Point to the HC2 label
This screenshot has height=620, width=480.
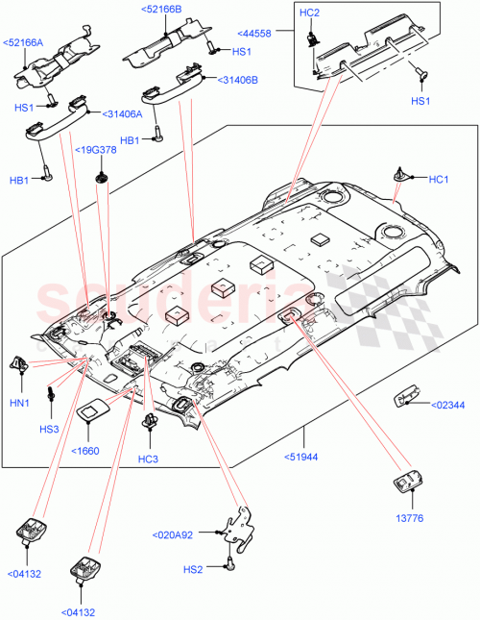click(310, 12)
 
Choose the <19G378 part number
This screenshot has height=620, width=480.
click(99, 149)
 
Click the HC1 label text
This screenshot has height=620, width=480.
click(440, 180)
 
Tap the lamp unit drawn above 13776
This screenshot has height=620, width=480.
click(407, 483)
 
